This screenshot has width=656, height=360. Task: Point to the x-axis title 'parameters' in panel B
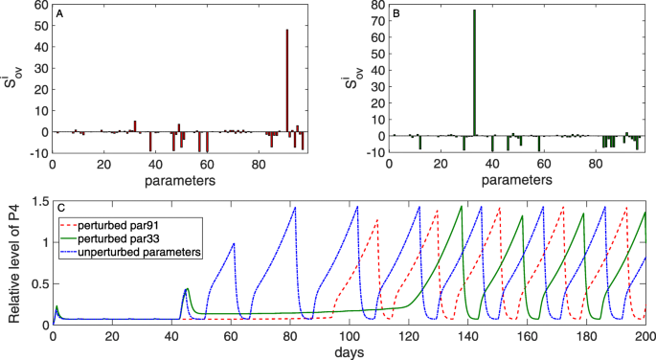point(517,179)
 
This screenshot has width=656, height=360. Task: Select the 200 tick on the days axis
point(643,336)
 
